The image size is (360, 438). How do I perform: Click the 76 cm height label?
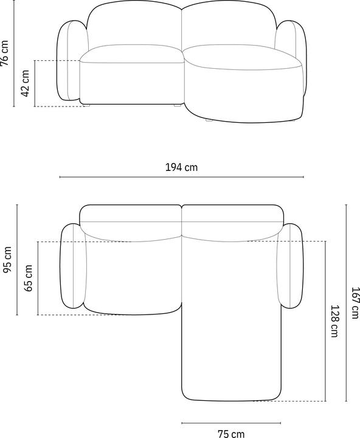[5, 53]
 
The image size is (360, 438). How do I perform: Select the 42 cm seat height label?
[25, 83]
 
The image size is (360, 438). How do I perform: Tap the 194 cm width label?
[182, 167]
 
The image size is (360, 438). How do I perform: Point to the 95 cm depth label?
[7, 260]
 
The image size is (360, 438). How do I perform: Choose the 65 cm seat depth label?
[28, 278]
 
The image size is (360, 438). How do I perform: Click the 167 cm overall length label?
[355, 303]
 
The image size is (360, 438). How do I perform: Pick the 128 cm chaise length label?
[334, 321]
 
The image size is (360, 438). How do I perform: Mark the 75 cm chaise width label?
[231, 434]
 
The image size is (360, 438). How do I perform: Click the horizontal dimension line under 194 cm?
[182, 177]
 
